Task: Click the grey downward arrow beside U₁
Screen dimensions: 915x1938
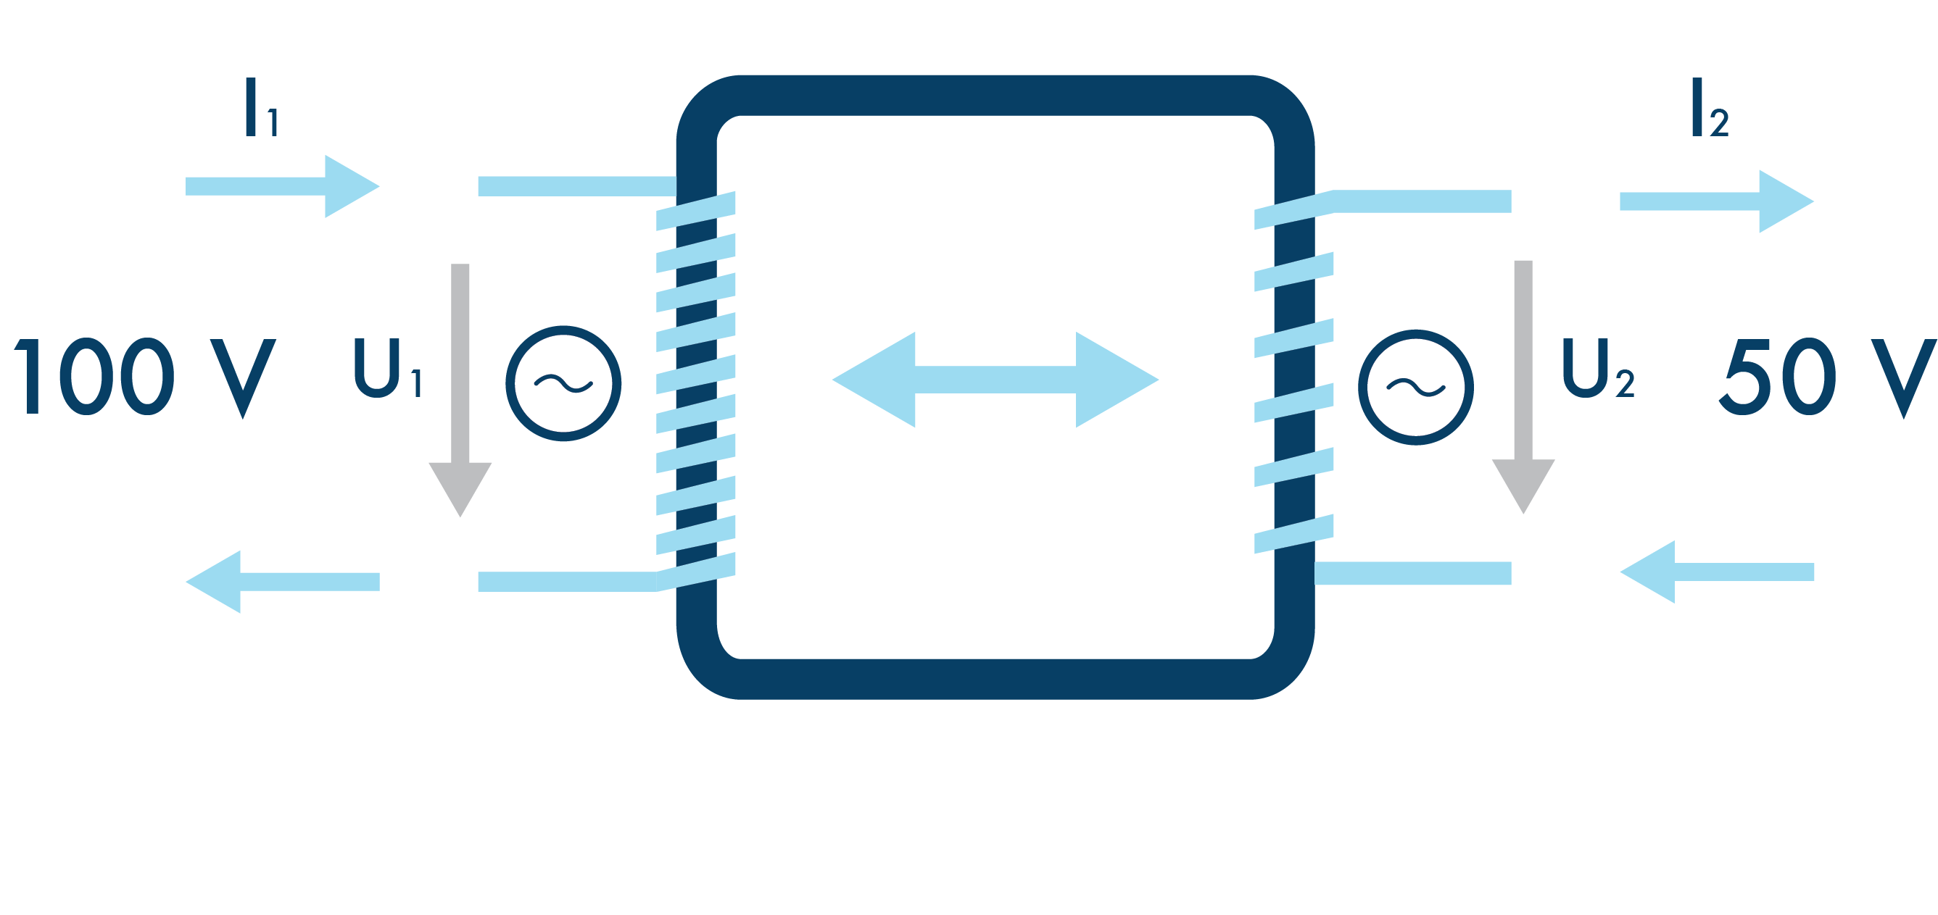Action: [x=460, y=391]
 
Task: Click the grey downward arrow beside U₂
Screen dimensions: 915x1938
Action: [x=1523, y=387]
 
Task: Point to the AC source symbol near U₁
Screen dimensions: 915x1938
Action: [x=563, y=383]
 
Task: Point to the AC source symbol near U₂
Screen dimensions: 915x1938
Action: [x=1416, y=387]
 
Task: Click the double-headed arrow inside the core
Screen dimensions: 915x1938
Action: [x=995, y=380]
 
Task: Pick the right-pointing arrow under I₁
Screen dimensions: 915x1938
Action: [x=282, y=186]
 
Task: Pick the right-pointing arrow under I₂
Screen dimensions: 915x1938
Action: [x=1717, y=201]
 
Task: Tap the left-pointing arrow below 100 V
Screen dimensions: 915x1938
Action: [x=282, y=581]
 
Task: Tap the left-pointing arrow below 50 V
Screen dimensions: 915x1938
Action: [x=1717, y=572]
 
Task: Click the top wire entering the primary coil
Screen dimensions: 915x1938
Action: [x=576, y=185]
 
